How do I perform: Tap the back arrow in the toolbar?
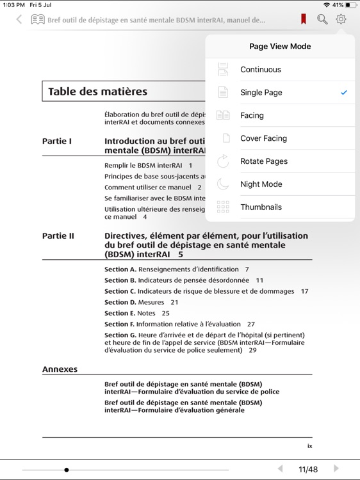[x=19, y=20]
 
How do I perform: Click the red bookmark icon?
[x=304, y=20]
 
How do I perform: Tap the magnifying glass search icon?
[x=322, y=20]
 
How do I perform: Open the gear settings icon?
[x=341, y=20]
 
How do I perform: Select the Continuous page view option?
[x=260, y=70]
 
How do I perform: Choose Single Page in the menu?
[x=261, y=93]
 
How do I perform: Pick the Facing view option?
[x=252, y=116]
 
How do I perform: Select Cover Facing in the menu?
[x=263, y=138]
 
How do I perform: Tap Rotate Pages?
[x=263, y=161]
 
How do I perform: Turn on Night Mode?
[x=261, y=184]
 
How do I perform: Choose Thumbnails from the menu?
[x=261, y=207]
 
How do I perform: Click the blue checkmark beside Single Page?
[x=344, y=93]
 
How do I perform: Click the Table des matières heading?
[x=97, y=92]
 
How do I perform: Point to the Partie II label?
[x=58, y=236]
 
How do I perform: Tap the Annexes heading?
[x=60, y=369]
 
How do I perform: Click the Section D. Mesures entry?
[x=141, y=302]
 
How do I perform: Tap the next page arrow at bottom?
[x=336, y=468]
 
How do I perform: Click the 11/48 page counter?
[x=308, y=469]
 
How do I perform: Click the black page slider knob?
[x=67, y=470]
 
